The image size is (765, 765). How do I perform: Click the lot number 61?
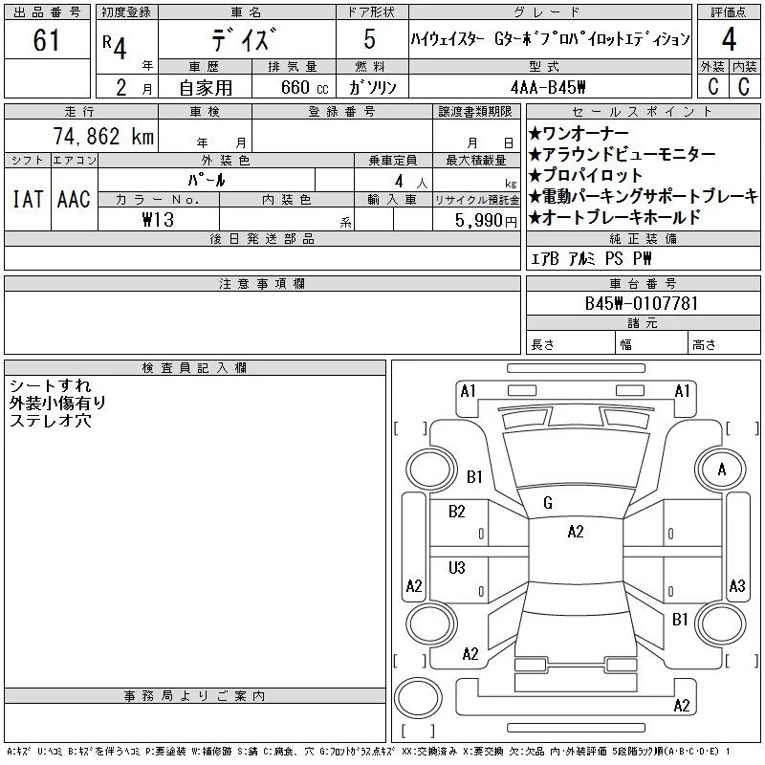(46, 41)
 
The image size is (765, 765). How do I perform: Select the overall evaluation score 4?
(729, 41)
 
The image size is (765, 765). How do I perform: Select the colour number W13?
(158, 219)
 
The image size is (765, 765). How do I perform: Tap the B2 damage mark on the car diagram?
(456, 512)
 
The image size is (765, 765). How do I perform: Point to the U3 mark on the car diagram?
(456, 567)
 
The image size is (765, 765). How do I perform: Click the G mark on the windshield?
(548, 503)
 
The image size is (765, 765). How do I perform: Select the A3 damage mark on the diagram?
(736, 585)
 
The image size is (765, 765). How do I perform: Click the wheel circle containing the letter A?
(722, 470)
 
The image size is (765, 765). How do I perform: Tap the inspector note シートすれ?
(51, 385)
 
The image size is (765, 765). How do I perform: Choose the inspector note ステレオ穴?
(51, 420)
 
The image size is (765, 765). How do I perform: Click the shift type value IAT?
(26, 199)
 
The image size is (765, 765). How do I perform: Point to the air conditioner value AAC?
(74, 199)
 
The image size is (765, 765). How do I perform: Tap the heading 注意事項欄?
(262, 284)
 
